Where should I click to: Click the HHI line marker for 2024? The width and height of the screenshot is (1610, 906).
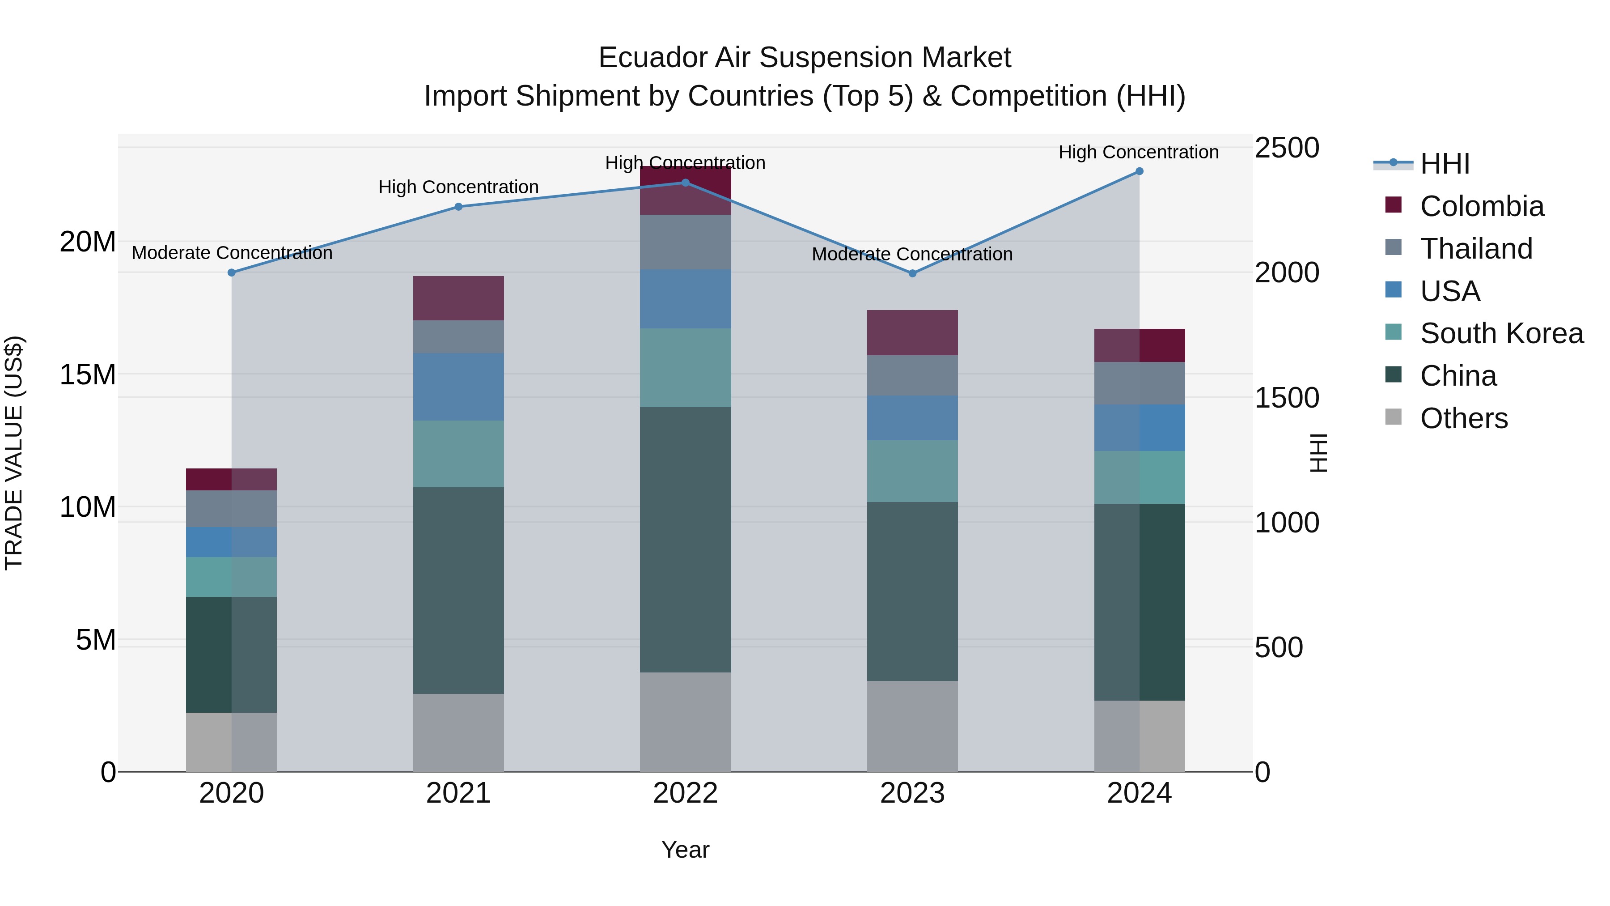pyautogui.click(x=1139, y=171)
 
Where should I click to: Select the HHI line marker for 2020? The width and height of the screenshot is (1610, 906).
pyautogui.click(x=231, y=272)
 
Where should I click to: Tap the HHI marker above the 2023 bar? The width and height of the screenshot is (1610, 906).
pyautogui.click(x=912, y=273)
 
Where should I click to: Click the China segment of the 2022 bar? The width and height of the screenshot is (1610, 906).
pyautogui.click(x=685, y=540)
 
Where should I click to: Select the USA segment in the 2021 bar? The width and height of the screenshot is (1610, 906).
pyautogui.click(x=458, y=387)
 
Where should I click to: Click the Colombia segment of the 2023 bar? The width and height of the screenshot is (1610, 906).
pyautogui.click(x=912, y=332)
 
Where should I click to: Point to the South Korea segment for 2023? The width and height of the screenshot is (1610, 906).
pyautogui.click(x=912, y=471)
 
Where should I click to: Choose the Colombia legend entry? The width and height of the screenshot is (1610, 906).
pyautogui.click(x=1481, y=206)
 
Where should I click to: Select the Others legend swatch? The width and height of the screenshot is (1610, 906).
pyautogui.click(x=1393, y=417)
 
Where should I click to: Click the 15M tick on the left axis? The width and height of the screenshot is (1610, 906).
pyautogui.click(x=88, y=374)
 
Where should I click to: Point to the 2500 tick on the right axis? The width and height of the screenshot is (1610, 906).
pyautogui.click(x=1287, y=148)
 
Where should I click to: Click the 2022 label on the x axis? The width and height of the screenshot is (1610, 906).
pyautogui.click(x=685, y=793)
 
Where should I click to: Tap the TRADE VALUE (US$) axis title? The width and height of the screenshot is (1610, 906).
pyautogui.click(x=14, y=453)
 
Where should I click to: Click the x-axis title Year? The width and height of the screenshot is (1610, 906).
pyautogui.click(x=685, y=850)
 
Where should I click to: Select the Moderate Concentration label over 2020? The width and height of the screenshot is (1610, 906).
pyautogui.click(x=232, y=253)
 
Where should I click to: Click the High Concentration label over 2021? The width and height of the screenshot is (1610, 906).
pyautogui.click(x=458, y=187)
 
